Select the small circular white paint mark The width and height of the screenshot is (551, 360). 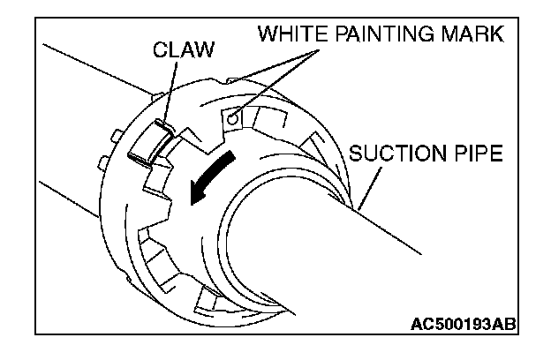coord(232,116)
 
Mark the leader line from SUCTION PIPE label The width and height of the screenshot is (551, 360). coord(372,185)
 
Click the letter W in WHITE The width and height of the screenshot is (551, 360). coord(268,35)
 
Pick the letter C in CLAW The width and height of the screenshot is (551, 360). coord(160,49)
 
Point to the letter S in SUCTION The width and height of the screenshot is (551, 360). coord(357,154)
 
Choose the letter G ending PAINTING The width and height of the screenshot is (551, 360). coord(444,35)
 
